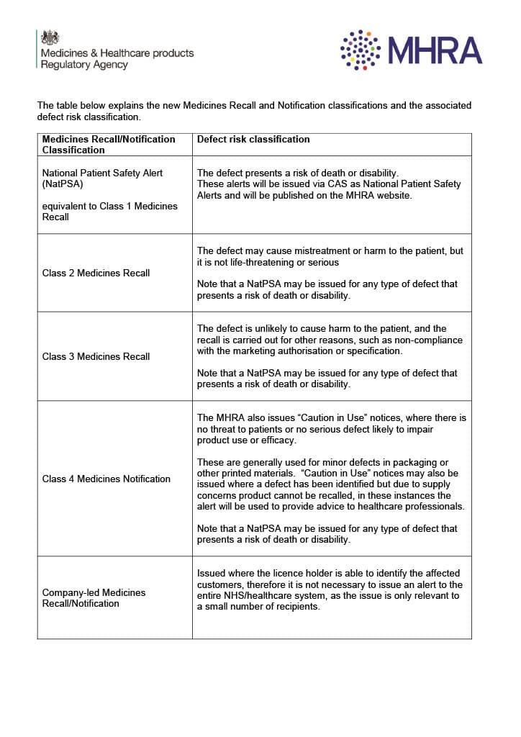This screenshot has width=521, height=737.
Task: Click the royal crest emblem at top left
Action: [x=50, y=37]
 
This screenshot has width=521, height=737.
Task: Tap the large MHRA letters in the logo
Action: [x=435, y=50]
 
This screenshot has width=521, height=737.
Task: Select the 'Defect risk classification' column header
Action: [x=253, y=140]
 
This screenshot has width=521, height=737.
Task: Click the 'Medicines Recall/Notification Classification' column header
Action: [x=109, y=145]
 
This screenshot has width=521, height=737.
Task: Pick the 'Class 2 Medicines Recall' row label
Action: [x=96, y=273]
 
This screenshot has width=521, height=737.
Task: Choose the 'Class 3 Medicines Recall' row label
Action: [x=96, y=357]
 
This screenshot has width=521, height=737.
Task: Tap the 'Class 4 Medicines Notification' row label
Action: [x=107, y=479]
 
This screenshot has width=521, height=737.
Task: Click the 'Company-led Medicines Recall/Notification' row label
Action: [x=94, y=598]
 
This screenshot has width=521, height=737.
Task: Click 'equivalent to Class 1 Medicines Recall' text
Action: [x=109, y=212]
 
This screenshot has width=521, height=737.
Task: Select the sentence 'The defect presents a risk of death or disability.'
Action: [x=297, y=173]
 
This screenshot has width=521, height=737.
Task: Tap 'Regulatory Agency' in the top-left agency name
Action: [x=84, y=65]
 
